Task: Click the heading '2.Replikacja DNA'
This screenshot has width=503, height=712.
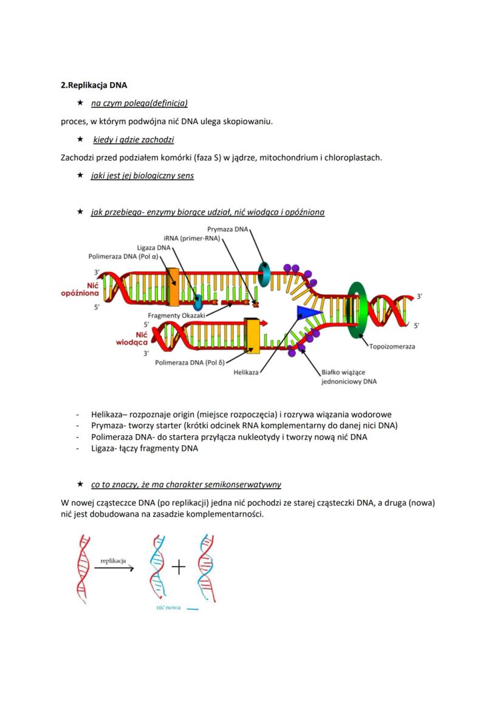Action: [94, 85]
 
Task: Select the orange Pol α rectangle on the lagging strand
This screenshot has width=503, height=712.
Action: [173, 286]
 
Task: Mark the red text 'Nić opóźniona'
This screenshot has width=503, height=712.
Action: [81, 289]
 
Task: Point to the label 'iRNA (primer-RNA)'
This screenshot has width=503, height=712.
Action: [191, 238]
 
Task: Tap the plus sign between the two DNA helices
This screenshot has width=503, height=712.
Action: [178, 568]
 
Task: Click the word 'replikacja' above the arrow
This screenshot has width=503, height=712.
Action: [113, 561]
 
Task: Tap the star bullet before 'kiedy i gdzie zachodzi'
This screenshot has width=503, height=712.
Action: [80, 140]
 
